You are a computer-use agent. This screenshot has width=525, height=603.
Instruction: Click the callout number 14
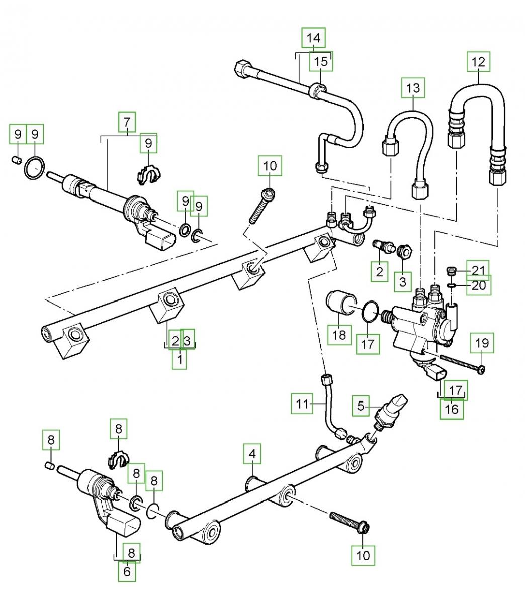point(313,38)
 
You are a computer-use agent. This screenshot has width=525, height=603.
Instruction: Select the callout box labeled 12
point(478,62)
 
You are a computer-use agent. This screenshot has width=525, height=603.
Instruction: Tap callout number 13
point(413,88)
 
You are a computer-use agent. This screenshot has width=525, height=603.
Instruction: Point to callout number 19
point(482,344)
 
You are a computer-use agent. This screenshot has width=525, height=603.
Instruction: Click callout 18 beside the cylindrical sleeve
point(339,335)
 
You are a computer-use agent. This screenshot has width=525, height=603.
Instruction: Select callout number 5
point(360,405)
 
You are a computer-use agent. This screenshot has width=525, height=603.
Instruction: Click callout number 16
point(452,409)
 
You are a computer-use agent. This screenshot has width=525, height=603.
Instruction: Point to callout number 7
point(127,122)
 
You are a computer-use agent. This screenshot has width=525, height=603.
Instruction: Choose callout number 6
point(127,571)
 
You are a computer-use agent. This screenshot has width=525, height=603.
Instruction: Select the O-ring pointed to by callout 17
point(370,312)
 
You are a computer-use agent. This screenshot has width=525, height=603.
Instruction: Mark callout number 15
point(321,62)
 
